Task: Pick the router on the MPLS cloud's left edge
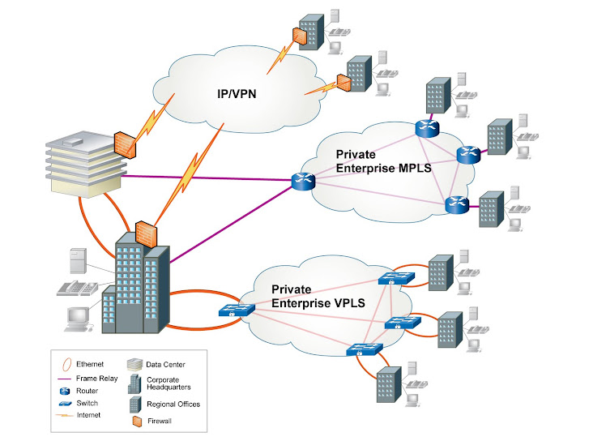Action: click(303, 182)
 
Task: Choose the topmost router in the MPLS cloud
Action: click(426, 127)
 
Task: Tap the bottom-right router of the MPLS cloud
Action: click(456, 205)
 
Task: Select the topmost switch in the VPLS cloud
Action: click(396, 279)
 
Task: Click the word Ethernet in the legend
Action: click(90, 365)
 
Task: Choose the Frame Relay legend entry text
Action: click(97, 378)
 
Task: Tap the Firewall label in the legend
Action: click(160, 421)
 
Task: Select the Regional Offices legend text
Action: click(173, 404)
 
